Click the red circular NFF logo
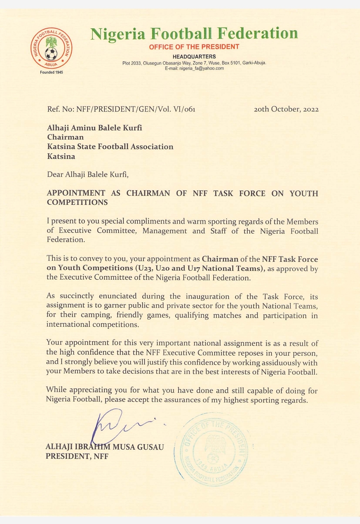(x=51, y=48)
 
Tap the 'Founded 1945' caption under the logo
(x=51, y=72)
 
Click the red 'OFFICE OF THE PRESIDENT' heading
(x=194, y=47)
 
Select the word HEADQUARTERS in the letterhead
(x=194, y=57)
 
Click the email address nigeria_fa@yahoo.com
(x=202, y=68)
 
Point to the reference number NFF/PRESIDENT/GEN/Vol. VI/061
(x=136, y=109)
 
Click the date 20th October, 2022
(x=286, y=109)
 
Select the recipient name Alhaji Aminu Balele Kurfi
(x=95, y=128)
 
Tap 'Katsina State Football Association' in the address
(x=110, y=147)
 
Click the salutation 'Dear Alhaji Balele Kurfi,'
(x=88, y=175)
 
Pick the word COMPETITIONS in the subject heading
(x=77, y=202)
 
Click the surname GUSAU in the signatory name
(x=150, y=447)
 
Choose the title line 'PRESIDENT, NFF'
(x=77, y=456)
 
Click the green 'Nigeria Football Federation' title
(x=194, y=34)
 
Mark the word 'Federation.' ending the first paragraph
(x=66, y=240)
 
